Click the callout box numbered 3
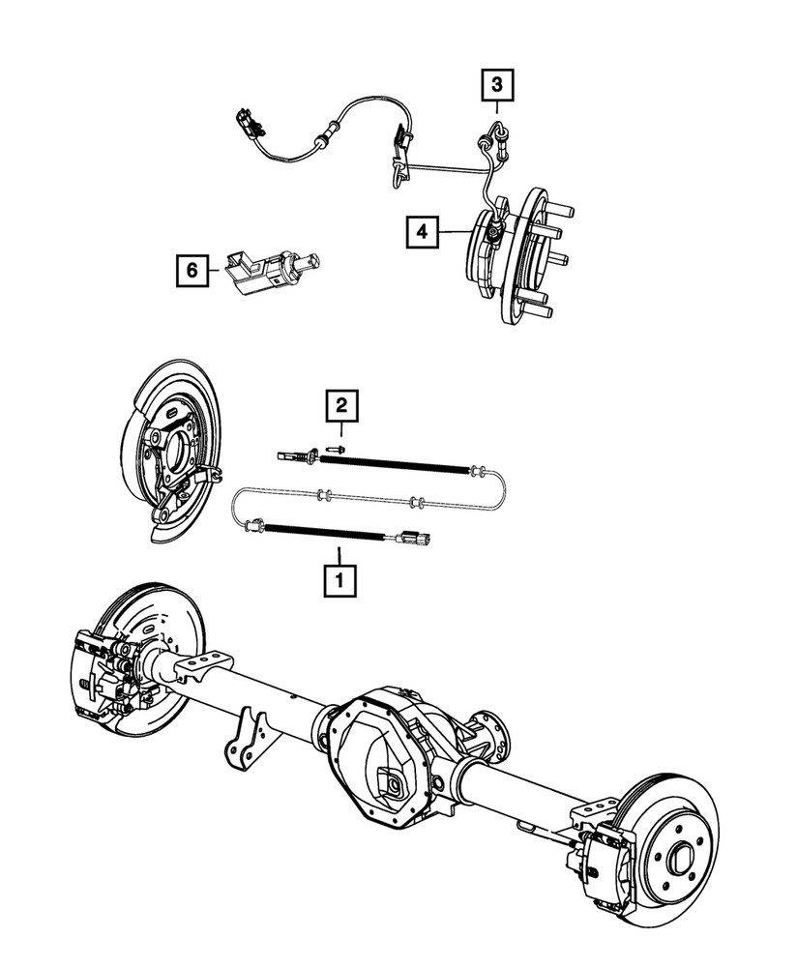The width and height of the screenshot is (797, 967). (496, 86)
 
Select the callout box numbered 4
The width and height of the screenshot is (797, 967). (422, 231)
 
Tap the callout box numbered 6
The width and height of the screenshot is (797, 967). (192, 272)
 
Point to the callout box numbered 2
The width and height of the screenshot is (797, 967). (340, 406)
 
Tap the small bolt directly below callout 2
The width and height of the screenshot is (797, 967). (335, 448)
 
